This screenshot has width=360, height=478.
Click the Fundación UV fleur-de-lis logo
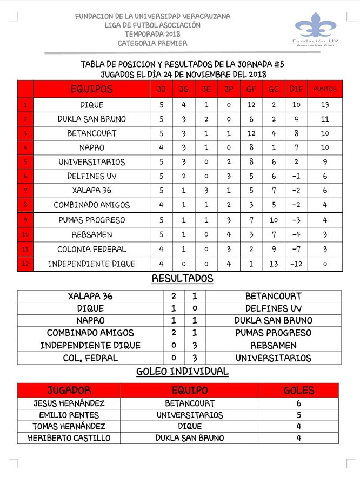[x=316, y=25]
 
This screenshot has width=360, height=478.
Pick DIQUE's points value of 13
[x=325, y=105]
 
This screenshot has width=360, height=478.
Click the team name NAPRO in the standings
[x=92, y=147]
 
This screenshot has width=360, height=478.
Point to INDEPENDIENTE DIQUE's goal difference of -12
[x=296, y=264]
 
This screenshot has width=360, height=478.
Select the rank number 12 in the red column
[x=25, y=264]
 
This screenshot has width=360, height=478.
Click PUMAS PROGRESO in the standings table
[x=92, y=220]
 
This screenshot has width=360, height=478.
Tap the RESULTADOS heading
[x=182, y=279]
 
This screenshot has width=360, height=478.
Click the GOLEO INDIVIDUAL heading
[x=182, y=372]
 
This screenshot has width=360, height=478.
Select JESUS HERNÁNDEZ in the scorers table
[x=69, y=403]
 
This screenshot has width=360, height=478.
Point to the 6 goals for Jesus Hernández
[x=298, y=403]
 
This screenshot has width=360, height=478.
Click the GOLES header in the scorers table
[x=298, y=391]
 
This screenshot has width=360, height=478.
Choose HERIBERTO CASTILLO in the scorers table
[x=69, y=438]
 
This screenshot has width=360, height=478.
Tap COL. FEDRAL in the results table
[x=90, y=358]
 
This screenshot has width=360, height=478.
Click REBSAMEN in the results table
[x=273, y=346]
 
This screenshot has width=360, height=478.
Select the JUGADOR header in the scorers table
[x=69, y=391]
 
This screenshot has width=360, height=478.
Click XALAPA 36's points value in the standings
[x=325, y=191]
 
